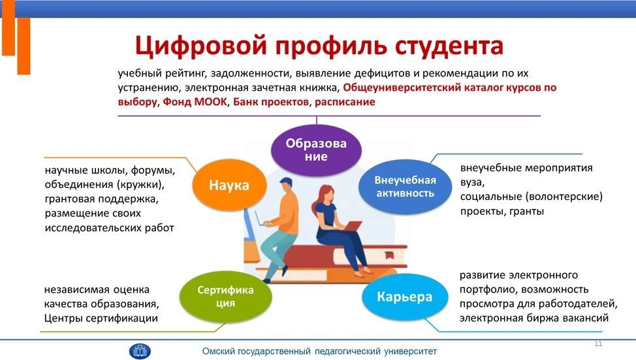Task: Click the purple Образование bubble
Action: [x=316, y=150]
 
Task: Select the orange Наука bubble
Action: [x=229, y=185]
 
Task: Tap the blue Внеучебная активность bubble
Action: [x=405, y=186]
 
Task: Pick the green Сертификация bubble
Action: [x=225, y=296]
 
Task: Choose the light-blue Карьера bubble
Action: [x=405, y=297]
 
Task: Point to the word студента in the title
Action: [x=449, y=46]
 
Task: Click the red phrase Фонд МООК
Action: [x=195, y=101]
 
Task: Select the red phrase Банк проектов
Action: [x=271, y=101]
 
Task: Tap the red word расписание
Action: [x=345, y=102]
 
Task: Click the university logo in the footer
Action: [x=140, y=351]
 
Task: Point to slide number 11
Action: [x=598, y=344]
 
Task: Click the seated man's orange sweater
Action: [x=285, y=212]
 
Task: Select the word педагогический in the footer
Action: [x=347, y=351]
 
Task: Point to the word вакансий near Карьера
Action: [x=588, y=318]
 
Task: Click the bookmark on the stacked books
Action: [x=389, y=255]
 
